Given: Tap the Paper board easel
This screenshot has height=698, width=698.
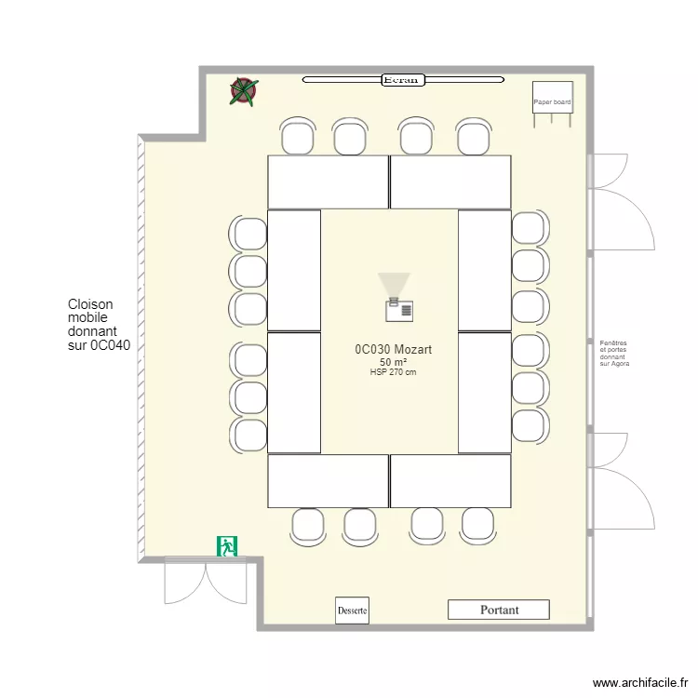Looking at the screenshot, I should pyautogui.click(x=552, y=100).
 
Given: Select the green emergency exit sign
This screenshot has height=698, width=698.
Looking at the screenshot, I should pyautogui.click(x=227, y=546).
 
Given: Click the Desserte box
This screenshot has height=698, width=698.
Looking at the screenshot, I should pyautogui.click(x=353, y=611).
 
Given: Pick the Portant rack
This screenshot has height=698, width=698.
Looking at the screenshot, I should pyautogui.click(x=499, y=610).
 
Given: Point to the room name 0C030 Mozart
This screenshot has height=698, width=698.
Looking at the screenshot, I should pyautogui.click(x=393, y=349).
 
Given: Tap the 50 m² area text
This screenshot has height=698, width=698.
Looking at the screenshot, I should pyautogui.click(x=393, y=362).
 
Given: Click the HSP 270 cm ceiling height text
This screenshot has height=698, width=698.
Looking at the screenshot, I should pyautogui.click(x=393, y=372).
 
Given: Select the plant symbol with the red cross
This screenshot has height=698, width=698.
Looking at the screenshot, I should pyautogui.click(x=244, y=90).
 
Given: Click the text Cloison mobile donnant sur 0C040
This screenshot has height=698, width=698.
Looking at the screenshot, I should pyautogui.click(x=99, y=325).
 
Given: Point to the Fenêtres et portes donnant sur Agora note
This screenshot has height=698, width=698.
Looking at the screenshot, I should pyautogui.click(x=614, y=354).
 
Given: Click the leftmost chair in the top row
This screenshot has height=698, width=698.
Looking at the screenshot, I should pyautogui.click(x=297, y=137).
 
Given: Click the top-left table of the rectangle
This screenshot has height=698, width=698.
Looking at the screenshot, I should pyautogui.click(x=328, y=181).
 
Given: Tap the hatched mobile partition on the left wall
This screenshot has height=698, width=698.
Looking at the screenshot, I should pyautogui.click(x=141, y=349).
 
